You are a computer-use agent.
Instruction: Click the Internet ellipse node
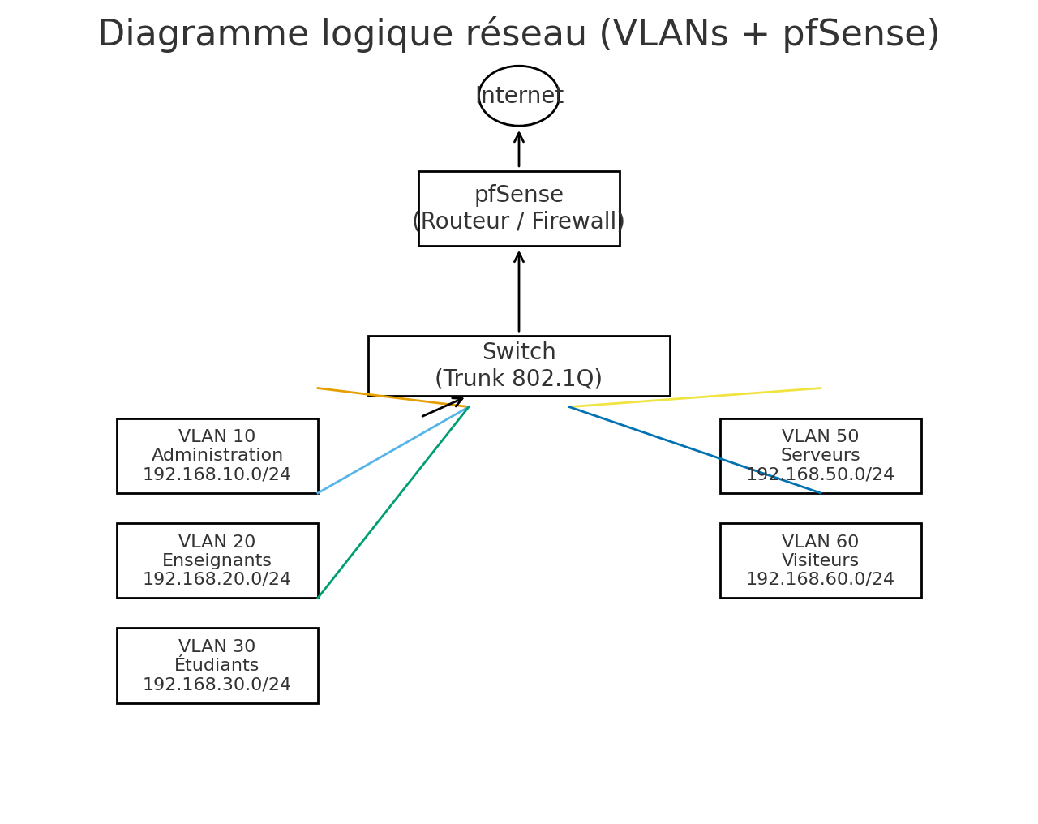[519, 96]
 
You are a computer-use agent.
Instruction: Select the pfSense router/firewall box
[519, 208]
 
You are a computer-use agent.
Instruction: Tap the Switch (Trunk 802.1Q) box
[519, 366]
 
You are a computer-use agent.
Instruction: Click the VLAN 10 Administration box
[217, 456]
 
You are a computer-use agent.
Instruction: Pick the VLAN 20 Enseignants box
[217, 560]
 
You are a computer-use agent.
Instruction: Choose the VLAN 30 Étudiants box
[217, 665]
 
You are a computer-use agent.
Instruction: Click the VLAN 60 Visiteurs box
[821, 560]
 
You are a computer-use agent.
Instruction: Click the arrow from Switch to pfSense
[519, 292]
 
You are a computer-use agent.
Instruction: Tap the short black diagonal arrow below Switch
[442, 407]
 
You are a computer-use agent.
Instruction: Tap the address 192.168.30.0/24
[217, 685]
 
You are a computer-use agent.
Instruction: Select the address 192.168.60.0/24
[821, 580]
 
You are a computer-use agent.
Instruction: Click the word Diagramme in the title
[203, 35]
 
